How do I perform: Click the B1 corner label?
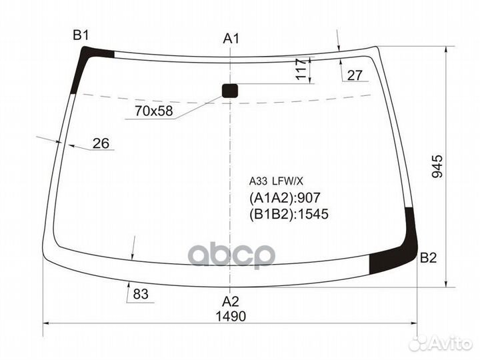81,35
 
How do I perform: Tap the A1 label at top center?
231,39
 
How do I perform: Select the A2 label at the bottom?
231,300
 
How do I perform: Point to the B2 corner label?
428,259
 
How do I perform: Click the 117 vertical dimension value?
301,69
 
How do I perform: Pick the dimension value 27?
355,75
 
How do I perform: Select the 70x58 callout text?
153,111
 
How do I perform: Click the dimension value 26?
101,143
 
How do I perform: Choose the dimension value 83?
140,293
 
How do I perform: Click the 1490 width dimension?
231,316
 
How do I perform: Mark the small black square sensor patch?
230,91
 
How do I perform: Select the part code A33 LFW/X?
276,181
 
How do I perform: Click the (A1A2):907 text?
285,198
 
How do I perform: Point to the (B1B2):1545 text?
289,214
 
